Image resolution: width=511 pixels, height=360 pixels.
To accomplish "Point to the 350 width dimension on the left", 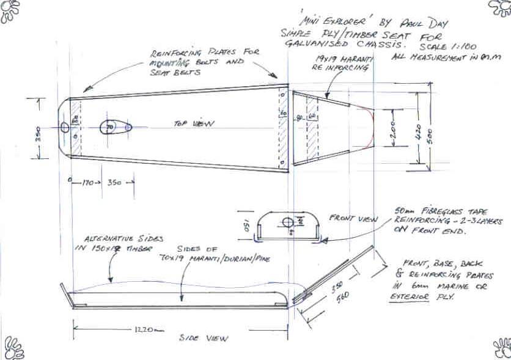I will [x=38, y=132].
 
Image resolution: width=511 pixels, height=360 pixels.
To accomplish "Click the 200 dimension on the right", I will [x=394, y=132].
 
